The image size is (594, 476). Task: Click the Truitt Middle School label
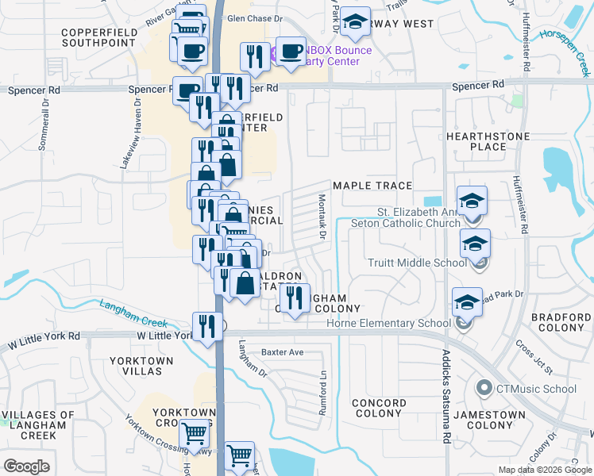coord(417,263)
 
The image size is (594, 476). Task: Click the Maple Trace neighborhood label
coord(372,186)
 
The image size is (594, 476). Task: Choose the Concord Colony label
coord(378,408)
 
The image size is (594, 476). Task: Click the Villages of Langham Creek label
coord(38,425)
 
